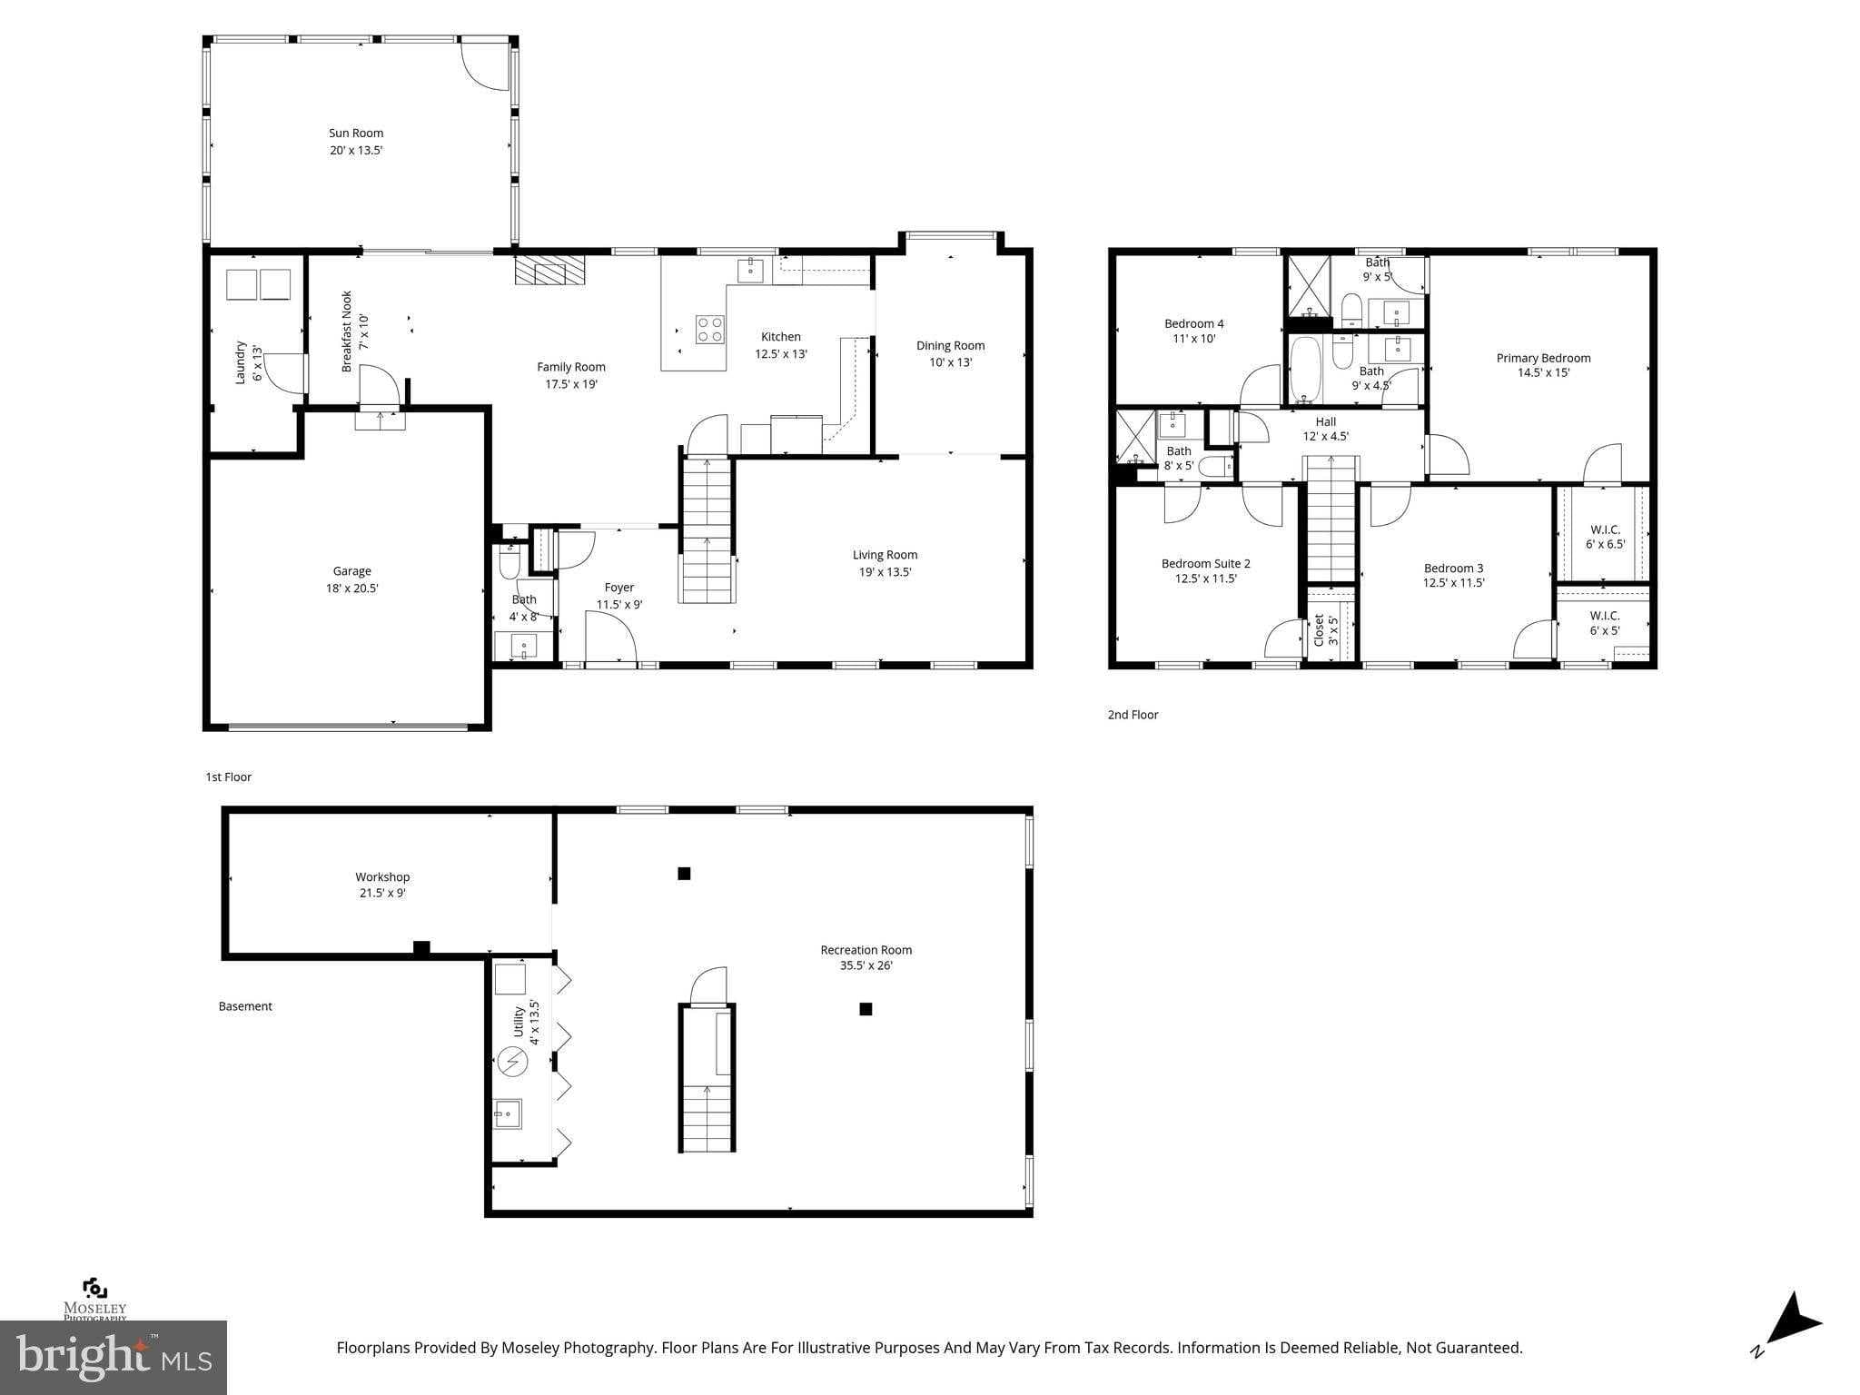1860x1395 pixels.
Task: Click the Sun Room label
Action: tap(356, 133)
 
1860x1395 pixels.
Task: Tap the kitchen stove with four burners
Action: tap(709, 329)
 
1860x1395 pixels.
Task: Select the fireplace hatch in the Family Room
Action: tap(550, 270)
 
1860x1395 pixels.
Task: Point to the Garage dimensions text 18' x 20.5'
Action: tap(352, 589)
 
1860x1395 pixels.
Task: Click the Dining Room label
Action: tap(950, 345)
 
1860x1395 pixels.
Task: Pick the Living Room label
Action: tap(885, 555)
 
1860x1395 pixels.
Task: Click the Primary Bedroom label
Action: tap(1543, 358)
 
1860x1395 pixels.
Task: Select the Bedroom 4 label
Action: tap(1193, 323)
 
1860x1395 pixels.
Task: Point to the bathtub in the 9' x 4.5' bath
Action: tap(1305, 371)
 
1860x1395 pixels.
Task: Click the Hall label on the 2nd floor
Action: tap(1325, 421)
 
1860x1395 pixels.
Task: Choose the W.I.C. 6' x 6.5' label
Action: tap(1605, 529)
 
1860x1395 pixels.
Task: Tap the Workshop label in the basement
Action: tap(382, 876)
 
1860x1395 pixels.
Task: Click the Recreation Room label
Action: tap(866, 950)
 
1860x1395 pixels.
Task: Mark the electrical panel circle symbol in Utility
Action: tap(512, 1061)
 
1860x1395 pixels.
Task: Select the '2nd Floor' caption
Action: tap(1133, 715)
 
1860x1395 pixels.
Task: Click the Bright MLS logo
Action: tap(113, 1357)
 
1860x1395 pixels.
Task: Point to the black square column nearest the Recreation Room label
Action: tap(866, 1009)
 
